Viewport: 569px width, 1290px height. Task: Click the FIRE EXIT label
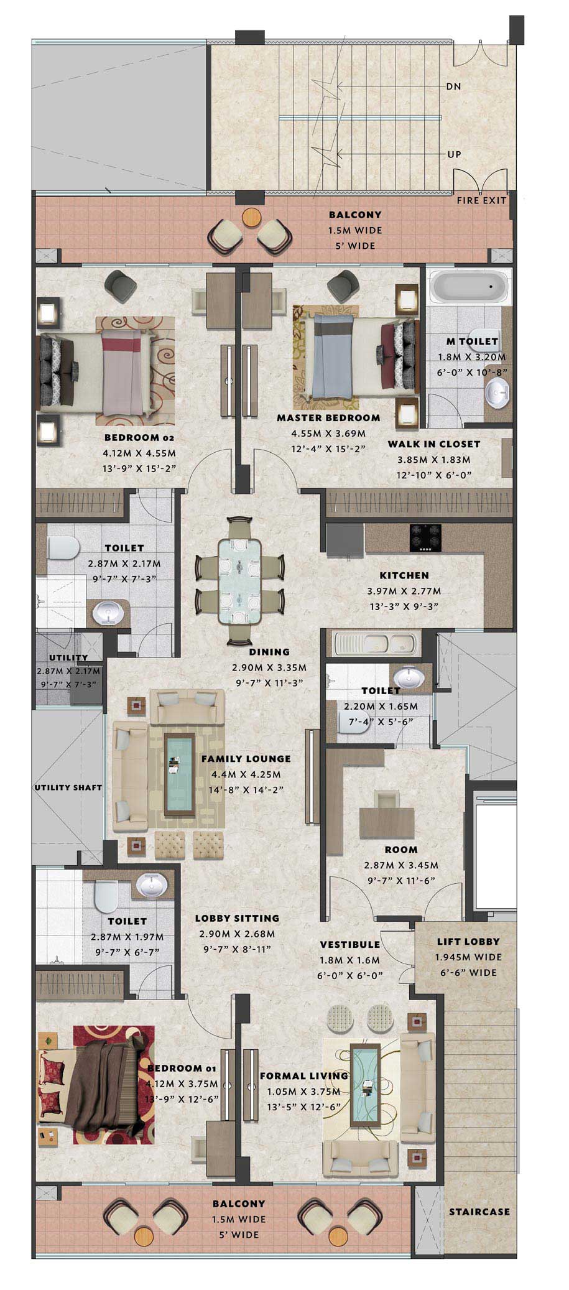tap(481, 200)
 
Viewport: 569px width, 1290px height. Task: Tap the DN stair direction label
tap(453, 86)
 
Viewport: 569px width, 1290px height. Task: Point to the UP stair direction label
tap(454, 154)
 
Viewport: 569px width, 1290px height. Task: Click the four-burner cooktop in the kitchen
tap(425, 538)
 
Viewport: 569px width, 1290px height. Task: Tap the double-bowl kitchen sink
tap(377, 644)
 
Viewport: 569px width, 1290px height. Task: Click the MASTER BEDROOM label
tap(328, 417)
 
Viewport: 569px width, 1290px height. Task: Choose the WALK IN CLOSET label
tap(434, 444)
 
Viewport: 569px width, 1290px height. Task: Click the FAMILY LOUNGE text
tap(246, 759)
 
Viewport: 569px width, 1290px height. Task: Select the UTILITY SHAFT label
tap(68, 787)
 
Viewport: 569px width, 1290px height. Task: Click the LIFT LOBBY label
tap(468, 942)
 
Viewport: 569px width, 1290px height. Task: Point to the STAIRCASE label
tap(479, 1212)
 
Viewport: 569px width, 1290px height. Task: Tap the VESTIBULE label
tap(350, 944)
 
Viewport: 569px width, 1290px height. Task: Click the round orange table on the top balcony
tap(251, 218)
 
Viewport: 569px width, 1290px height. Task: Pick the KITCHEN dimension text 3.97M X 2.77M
tap(404, 591)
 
